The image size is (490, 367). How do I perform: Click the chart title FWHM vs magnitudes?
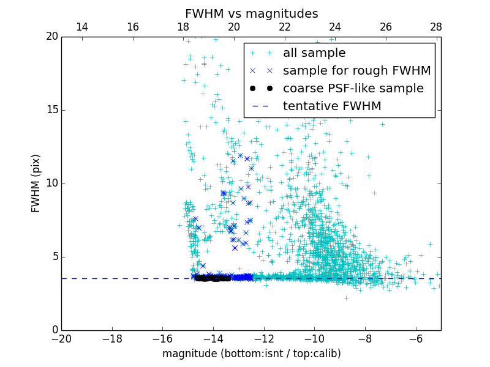pos(251,13)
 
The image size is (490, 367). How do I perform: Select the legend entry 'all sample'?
pos(314,53)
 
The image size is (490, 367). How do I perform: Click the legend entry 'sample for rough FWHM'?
pos(356,71)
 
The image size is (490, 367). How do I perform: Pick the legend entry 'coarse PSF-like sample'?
pos(353,89)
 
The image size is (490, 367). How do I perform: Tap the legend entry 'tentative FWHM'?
pos(332,106)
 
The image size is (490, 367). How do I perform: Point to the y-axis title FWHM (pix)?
pos(36,183)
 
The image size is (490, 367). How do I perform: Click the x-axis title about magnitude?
pos(251,354)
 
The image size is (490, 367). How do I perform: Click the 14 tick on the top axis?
pos(81,27)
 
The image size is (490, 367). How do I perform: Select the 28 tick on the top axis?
pos(436,27)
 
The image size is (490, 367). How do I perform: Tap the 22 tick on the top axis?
pos(284,27)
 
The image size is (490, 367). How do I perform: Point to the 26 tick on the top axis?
pos(385,27)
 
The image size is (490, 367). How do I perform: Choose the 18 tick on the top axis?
pos(183,27)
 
